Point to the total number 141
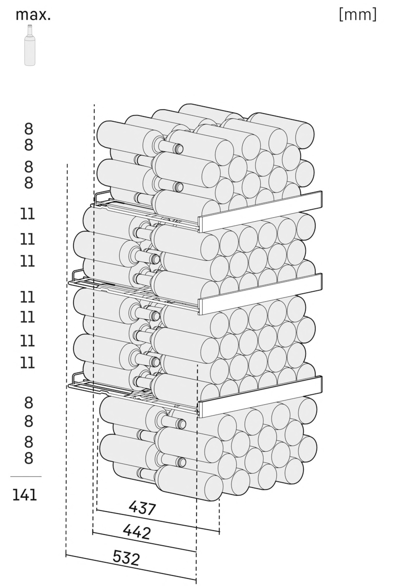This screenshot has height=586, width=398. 24,495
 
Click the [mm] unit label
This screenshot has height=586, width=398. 357,15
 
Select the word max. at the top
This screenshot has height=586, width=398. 33,15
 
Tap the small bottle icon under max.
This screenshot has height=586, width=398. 30,45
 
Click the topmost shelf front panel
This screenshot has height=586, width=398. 260,211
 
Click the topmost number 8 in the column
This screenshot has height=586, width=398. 28,129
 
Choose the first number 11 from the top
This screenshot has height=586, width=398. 27,214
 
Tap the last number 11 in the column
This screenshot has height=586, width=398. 27,362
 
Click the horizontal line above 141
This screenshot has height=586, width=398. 26,477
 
